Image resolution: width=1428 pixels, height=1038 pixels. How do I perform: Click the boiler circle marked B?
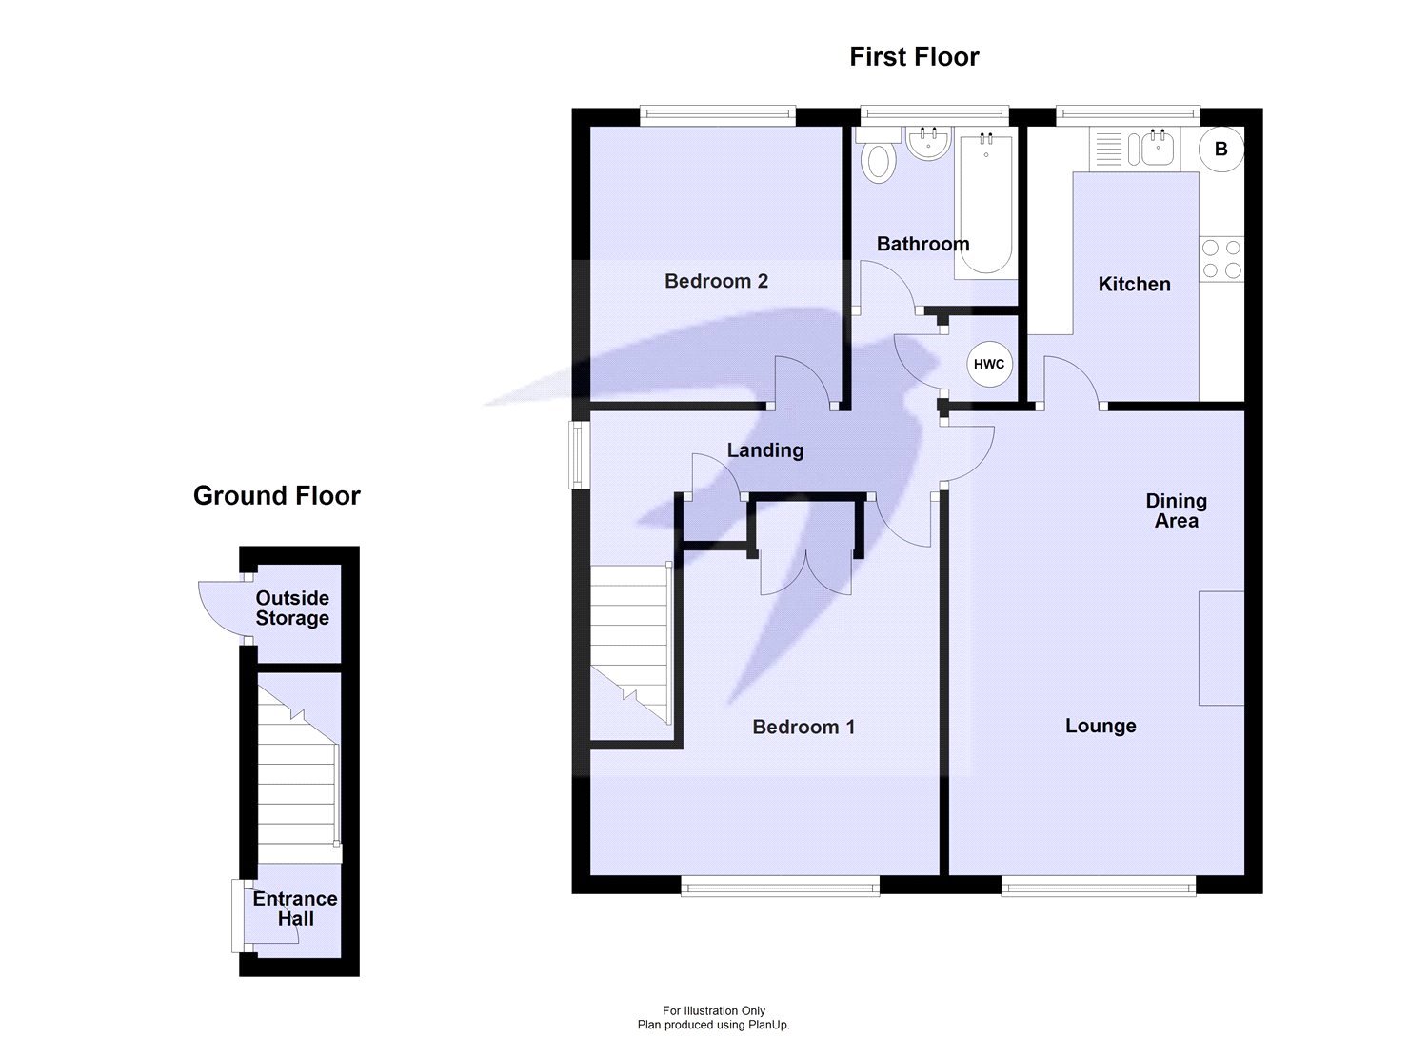point(1220,150)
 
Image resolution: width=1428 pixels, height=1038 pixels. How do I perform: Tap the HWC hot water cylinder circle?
point(989,364)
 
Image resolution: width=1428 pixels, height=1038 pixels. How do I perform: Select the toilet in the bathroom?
point(879,155)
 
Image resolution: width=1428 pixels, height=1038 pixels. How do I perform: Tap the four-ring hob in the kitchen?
point(1221,259)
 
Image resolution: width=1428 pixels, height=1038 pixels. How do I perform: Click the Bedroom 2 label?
point(716,281)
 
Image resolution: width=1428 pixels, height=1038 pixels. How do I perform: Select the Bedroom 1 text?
point(803,727)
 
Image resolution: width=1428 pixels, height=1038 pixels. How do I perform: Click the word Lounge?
point(1101,726)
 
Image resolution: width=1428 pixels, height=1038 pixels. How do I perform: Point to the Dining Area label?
point(1176,510)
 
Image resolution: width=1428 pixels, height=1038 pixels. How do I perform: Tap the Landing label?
point(765,450)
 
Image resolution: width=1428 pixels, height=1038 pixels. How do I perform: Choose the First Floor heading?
point(914,57)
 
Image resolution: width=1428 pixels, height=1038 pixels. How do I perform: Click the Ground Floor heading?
point(277,495)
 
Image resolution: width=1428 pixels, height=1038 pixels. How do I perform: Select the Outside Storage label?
point(292,608)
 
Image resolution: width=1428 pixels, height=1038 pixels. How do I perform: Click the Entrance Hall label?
point(295,908)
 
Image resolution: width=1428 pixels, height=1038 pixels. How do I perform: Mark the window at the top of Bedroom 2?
point(718,116)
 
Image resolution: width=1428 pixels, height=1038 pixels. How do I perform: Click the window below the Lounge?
point(1099,886)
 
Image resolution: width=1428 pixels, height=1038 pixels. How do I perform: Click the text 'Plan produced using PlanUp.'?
point(713,1025)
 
